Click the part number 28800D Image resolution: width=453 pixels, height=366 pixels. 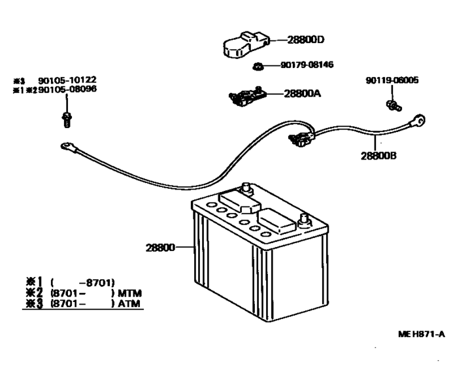(x=306, y=40)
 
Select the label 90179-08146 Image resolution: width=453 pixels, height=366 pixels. (x=307, y=65)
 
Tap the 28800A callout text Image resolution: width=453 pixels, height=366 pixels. (x=302, y=93)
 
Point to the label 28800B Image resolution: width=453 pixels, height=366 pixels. (x=378, y=156)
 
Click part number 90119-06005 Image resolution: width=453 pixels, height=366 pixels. (x=392, y=80)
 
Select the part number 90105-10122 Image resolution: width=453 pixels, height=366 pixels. (x=67, y=80)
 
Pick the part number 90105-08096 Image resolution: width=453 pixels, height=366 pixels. (x=67, y=90)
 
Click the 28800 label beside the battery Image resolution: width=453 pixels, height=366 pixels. (x=160, y=248)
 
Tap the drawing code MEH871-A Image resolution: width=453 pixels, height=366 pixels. (x=422, y=334)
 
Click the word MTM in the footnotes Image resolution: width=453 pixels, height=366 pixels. (x=130, y=293)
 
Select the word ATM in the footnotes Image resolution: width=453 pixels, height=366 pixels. (x=129, y=304)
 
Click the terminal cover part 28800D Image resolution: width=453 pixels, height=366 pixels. (x=246, y=44)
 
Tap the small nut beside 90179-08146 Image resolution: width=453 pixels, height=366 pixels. (x=257, y=67)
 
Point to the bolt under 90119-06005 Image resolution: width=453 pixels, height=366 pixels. (x=394, y=105)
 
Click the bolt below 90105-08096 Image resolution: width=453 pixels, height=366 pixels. (x=67, y=120)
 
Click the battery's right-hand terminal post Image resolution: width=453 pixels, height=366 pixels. (x=304, y=221)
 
